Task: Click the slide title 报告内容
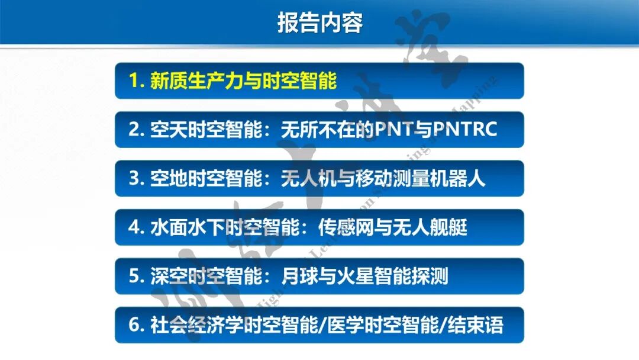pyautogui.click(x=319, y=22)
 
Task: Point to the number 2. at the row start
pyautogui.click(x=137, y=130)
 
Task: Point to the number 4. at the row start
pyautogui.click(x=137, y=227)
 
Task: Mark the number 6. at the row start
pyautogui.click(x=137, y=325)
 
